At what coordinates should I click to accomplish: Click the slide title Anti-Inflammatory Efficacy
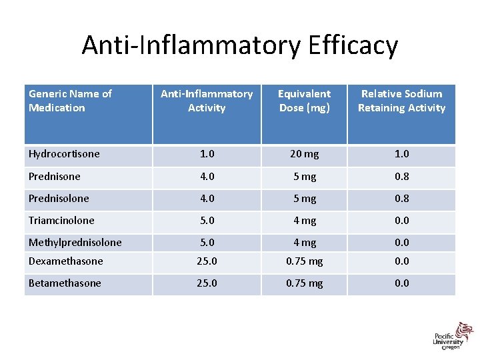pos(240,45)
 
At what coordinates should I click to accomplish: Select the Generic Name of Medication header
pos(70,101)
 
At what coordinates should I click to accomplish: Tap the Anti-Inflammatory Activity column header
pos(207,101)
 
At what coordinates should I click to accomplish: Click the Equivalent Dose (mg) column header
pos(304,101)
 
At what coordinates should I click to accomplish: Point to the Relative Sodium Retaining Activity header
pos(401,101)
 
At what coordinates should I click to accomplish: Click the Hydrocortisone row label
pos(64,154)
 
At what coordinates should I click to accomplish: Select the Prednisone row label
pos(55,177)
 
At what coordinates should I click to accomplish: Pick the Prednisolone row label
pos(59,199)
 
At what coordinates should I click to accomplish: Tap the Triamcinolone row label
pos(61,221)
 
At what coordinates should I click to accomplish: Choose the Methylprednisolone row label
pos(75,243)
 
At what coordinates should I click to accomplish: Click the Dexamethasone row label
pos(65,261)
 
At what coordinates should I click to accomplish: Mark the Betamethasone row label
pos(65,283)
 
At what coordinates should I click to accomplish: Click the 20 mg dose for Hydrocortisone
pos(304,154)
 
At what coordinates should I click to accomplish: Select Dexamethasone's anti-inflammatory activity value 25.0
pos(207,261)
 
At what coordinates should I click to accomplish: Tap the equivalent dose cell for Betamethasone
pos(304,283)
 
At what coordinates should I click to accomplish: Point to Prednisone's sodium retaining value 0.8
pos(401,177)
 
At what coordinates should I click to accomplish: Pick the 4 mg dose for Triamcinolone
pos(304,221)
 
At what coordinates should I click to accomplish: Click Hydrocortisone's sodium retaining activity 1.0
pos(401,154)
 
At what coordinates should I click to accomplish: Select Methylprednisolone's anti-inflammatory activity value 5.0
pos(207,243)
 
